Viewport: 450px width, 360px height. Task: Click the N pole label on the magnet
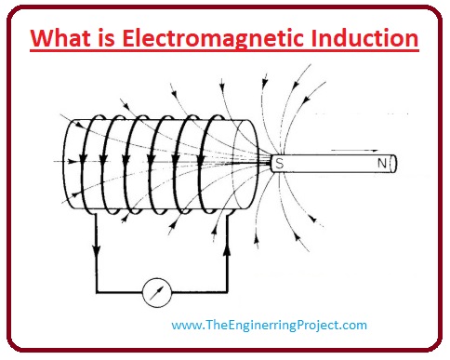tap(380, 164)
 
